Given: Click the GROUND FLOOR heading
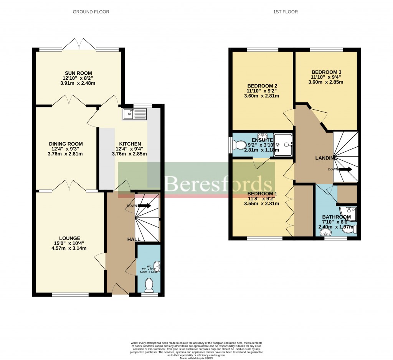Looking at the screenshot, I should coord(91,12).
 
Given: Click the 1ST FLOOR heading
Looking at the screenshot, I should coord(285,12).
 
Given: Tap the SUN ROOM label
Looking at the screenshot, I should coord(78,73).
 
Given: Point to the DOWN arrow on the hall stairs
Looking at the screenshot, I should coord(144,205).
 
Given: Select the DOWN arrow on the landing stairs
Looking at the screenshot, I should coord(345,169).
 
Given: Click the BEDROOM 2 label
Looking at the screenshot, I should coord(262,86).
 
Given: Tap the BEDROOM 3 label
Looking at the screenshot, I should coord(326,72).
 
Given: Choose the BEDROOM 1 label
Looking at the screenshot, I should coord(262,193).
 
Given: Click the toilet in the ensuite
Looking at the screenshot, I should coord(240,145).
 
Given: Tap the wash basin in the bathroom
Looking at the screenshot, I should coord(325,232).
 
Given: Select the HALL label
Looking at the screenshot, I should coord(134,239).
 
